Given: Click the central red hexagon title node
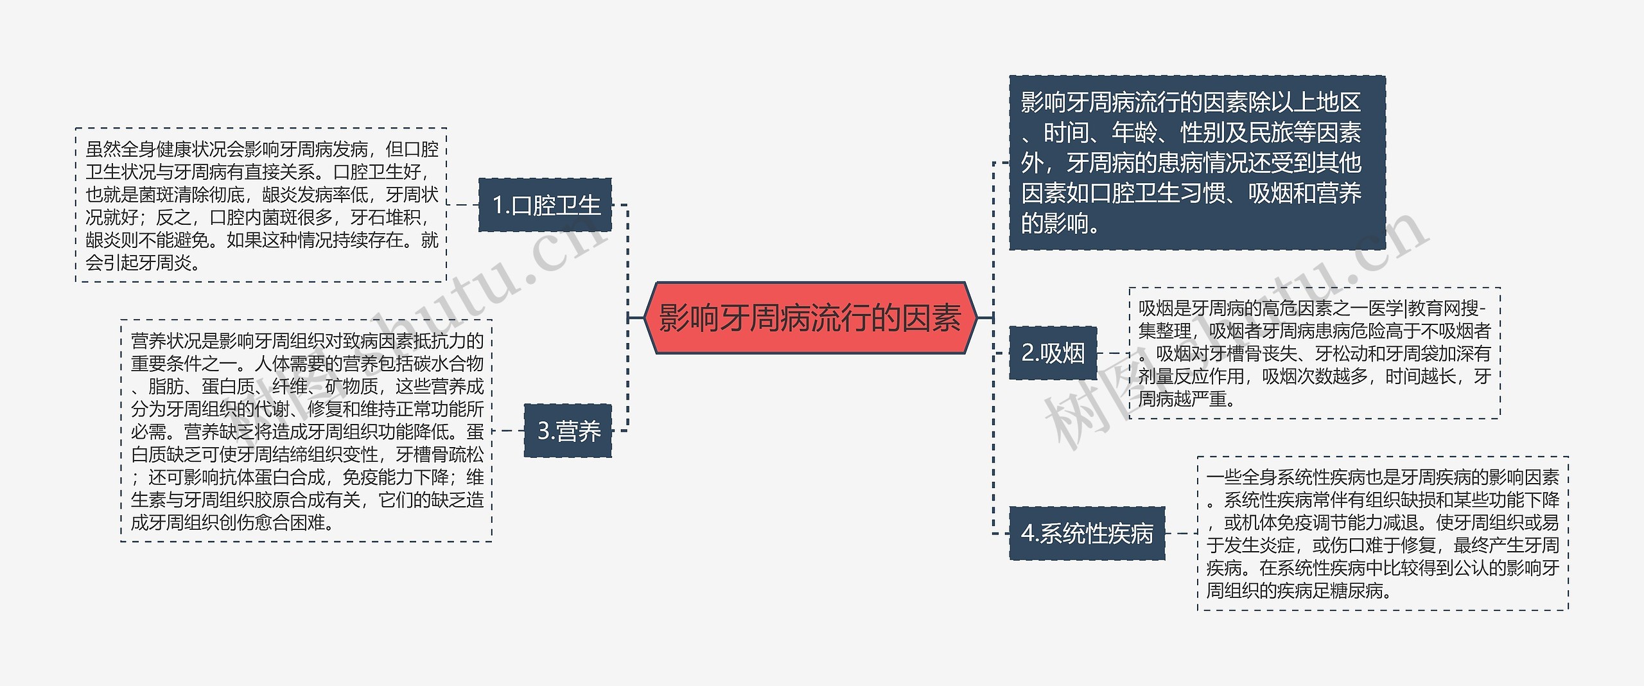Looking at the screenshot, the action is coord(810,318).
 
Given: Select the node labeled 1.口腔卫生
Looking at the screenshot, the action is coord(545,206).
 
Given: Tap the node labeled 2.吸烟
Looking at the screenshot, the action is coord(1053,353).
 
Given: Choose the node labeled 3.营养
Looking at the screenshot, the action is coord(568,431).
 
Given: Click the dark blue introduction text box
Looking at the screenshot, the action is coord(1196,163).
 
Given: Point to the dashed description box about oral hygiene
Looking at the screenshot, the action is coord(261,206).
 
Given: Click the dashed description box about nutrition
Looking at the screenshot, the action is coord(306,431).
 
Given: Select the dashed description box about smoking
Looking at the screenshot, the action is coord(1314,353).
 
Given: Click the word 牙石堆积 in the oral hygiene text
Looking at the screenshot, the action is coord(385,218).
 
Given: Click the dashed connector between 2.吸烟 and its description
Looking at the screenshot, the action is coord(1113,353).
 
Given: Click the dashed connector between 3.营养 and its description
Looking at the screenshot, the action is coord(508,431).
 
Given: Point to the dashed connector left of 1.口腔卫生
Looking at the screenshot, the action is coord(462,206).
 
